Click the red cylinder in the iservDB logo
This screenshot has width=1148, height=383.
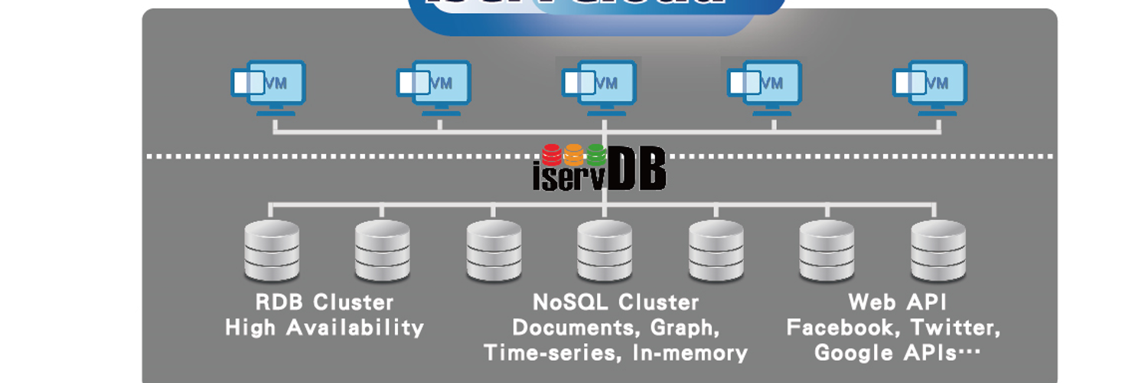pos(553,155)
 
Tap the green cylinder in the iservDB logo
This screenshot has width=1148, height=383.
pos(596,155)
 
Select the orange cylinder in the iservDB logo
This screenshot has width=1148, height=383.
pos(575,155)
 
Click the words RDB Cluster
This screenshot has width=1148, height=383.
pos(325,302)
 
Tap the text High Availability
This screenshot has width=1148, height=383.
pos(325,328)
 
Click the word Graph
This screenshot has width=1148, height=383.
pos(684,328)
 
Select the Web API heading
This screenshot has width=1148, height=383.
pos(897,302)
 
